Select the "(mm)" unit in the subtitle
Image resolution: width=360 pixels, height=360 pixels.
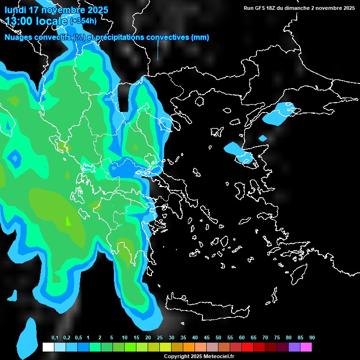point(200,37)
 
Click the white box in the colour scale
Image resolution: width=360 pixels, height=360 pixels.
point(48,347)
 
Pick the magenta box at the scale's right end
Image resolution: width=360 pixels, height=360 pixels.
point(306,347)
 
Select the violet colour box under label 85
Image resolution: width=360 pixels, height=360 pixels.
point(294,347)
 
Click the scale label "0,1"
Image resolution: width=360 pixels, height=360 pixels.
point(55,338)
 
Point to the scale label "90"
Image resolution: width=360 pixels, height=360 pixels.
point(312,338)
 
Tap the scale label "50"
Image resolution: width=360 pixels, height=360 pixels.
point(218,338)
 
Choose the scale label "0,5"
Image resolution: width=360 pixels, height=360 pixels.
point(78,338)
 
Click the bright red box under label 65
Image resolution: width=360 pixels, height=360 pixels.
point(247,347)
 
